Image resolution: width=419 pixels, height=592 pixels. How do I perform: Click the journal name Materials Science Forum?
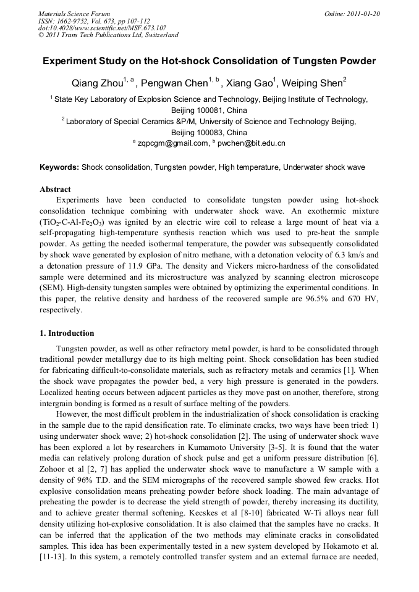[x=74, y=14]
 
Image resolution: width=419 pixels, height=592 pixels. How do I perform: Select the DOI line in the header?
[x=102, y=28]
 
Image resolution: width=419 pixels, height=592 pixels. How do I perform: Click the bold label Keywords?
[x=59, y=167]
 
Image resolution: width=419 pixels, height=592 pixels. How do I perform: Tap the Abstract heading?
[x=55, y=190]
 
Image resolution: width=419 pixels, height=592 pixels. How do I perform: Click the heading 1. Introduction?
[x=67, y=333]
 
